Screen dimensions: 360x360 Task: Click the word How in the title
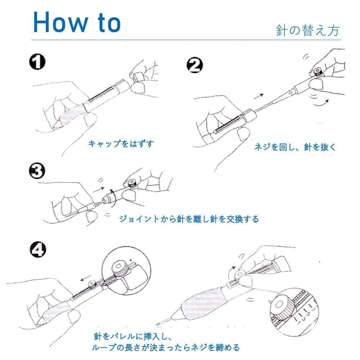pos(60,22)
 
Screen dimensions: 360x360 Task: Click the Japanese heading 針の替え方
pos(308,30)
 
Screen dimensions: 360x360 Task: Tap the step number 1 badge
pos(37,62)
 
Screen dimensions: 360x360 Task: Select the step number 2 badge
pos(195,65)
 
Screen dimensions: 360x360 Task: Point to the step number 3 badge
pos(37,171)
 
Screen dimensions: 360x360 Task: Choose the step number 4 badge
pos(38,249)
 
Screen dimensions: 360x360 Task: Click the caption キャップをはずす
pos(121,144)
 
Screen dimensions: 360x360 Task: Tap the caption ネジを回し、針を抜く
pos(295,147)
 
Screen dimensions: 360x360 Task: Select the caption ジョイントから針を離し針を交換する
pos(189,219)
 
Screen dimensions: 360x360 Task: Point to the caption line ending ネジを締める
pos(166,347)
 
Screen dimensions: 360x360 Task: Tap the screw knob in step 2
pos(318,72)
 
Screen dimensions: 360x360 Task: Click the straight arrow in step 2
pos(258,96)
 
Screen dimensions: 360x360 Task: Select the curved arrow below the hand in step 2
pos(321,103)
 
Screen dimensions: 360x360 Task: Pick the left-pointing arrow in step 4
pos(86,279)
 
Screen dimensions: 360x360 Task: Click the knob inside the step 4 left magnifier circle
pos(120,269)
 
